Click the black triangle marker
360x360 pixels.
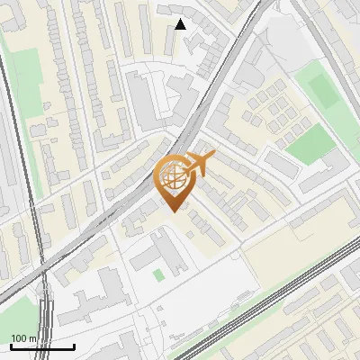pyautogui.click(x=180, y=24)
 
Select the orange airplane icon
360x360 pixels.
pyautogui.click(x=199, y=165)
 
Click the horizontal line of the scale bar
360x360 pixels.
pyautogui.click(x=42, y=346)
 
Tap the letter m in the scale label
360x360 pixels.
pyautogui.click(x=32, y=338)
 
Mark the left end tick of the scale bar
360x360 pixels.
pyautogui.click(x=11, y=345)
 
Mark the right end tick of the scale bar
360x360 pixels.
pyautogui.click(x=74, y=345)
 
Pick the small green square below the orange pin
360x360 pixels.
pyautogui.click(x=159, y=274)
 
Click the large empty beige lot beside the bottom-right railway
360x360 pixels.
pyautogui.click(x=288, y=247)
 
